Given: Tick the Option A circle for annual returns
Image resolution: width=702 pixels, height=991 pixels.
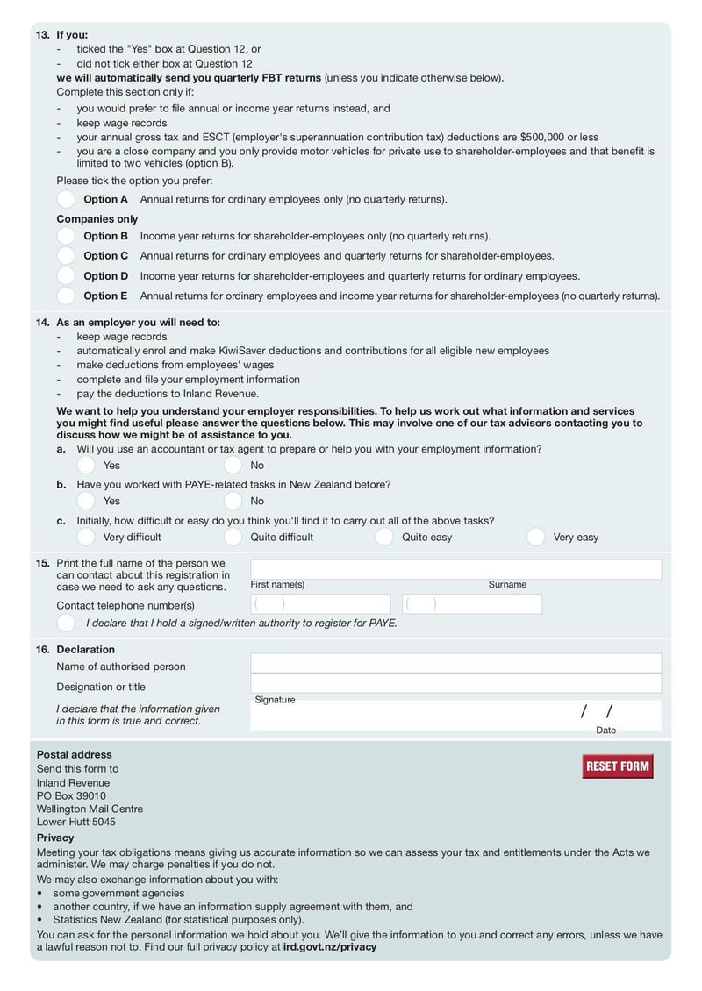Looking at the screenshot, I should [x=66, y=199].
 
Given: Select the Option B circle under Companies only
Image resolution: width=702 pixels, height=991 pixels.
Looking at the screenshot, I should [x=66, y=236].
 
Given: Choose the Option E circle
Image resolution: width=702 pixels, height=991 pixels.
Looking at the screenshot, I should [x=66, y=296].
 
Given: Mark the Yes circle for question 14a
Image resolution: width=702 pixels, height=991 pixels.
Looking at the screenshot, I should [x=86, y=465].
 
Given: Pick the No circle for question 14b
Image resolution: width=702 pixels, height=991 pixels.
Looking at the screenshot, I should [x=233, y=501].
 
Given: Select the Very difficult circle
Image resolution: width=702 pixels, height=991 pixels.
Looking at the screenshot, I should [x=86, y=537].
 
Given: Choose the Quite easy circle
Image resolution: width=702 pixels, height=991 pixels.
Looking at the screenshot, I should [x=384, y=537].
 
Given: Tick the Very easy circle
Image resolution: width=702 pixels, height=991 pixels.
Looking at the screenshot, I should [x=535, y=537].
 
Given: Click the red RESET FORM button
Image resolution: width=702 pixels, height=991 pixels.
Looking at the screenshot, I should [x=618, y=766].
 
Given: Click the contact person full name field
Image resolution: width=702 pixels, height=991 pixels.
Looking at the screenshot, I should [x=455, y=569].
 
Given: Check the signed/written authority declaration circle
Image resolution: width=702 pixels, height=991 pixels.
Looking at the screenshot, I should [x=66, y=623].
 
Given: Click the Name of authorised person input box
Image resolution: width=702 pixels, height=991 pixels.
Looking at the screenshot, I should [x=455, y=663].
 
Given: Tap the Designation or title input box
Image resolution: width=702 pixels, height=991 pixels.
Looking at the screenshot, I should [x=455, y=683].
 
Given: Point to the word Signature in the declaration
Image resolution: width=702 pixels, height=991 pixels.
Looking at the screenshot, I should [x=275, y=700].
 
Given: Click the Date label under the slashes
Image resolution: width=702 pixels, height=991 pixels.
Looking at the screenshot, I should [x=605, y=730].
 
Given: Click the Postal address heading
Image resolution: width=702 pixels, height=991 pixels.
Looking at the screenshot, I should [x=75, y=754].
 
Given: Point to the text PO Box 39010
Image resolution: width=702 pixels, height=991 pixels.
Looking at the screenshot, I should [x=71, y=795].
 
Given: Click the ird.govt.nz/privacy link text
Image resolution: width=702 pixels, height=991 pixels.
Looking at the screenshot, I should [x=330, y=947].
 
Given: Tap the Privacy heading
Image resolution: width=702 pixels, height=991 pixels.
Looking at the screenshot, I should [x=55, y=838].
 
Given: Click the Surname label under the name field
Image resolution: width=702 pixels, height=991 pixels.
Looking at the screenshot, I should [x=507, y=584].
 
